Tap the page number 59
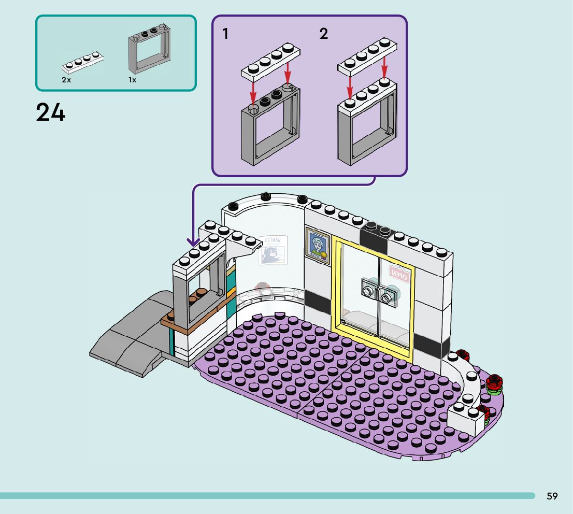[x=552, y=496]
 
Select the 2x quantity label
[x=66, y=80]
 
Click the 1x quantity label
[x=132, y=80]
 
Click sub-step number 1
[x=225, y=34]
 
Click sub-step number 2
[x=324, y=34]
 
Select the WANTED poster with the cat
[x=273, y=250]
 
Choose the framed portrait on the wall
[x=317, y=246]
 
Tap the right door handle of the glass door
[x=386, y=296]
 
